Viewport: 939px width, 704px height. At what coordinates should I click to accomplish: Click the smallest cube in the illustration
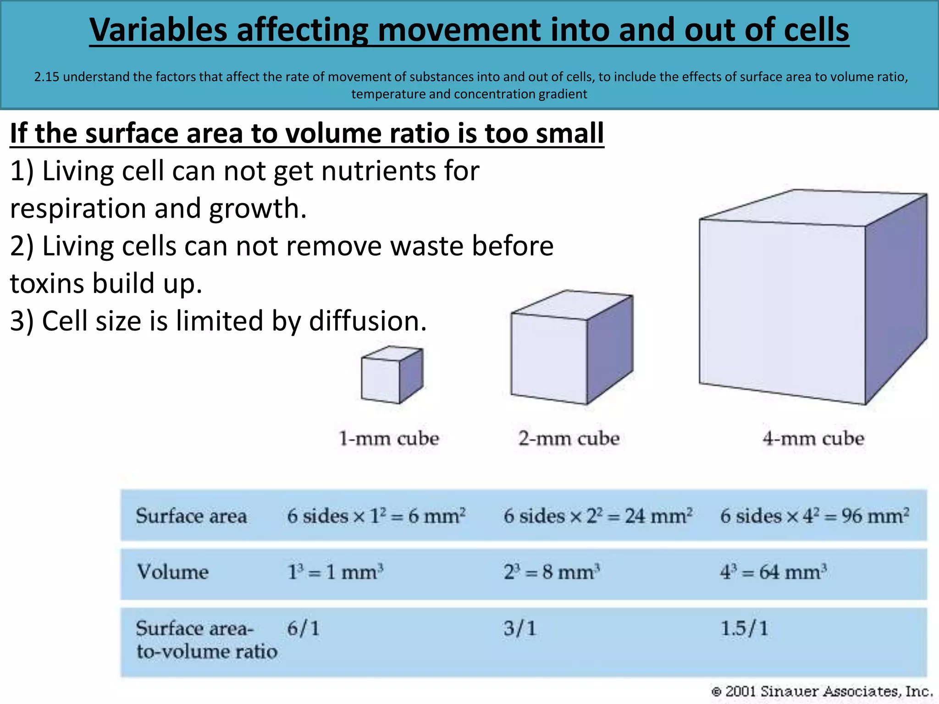[x=392, y=375]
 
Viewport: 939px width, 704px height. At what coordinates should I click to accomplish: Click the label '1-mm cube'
[x=388, y=439]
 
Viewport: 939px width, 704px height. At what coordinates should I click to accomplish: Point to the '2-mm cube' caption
[x=569, y=439]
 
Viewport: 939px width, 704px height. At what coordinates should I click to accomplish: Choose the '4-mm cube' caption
[x=813, y=439]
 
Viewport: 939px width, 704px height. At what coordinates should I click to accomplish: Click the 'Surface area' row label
[x=191, y=516]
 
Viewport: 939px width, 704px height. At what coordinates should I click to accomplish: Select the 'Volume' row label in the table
[x=173, y=572]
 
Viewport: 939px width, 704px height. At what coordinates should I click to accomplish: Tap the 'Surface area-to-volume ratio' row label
[x=206, y=639]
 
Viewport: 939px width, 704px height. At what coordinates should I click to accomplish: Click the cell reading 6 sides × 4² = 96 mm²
[x=815, y=516]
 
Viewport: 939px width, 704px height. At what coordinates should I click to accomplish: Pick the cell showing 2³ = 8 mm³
[x=552, y=572]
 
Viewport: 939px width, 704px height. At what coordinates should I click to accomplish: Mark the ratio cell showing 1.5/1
[x=744, y=628]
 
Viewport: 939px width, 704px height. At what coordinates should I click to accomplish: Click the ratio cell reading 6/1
[x=303, y=628]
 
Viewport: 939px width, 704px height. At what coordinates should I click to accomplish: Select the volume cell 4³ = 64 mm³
[x=773, y=572]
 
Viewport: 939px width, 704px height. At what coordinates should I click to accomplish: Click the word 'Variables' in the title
[x=159, y=30]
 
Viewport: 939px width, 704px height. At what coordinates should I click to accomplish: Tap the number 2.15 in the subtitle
[x=47, y=77]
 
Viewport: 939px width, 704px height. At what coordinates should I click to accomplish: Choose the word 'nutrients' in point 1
[x=372, y=171]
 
